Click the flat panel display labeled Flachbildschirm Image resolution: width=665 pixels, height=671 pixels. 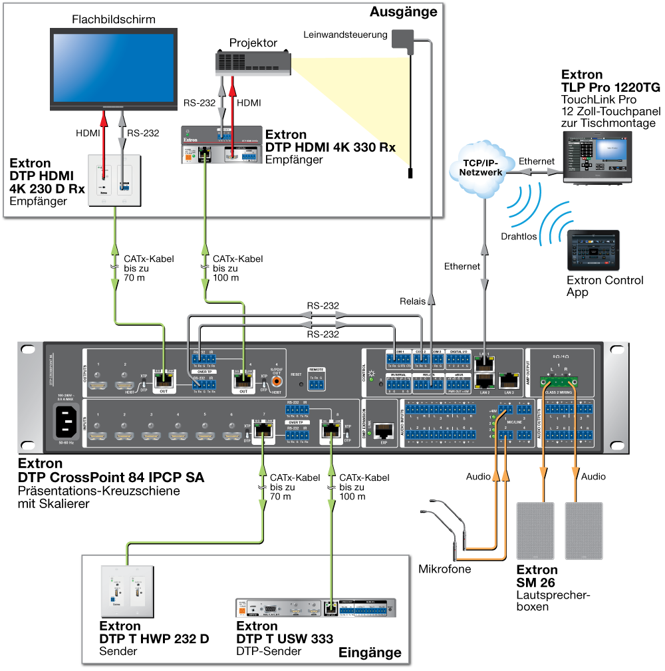point(114,67)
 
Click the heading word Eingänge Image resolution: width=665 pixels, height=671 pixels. point(370,652)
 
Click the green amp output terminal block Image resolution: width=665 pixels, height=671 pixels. point(558,382)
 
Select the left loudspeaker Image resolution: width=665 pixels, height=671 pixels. point(535,530)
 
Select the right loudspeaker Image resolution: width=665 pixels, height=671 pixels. point(583,530)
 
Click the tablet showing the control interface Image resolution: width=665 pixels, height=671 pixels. point(593,249)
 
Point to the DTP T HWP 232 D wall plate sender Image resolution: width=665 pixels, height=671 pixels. point(127,591)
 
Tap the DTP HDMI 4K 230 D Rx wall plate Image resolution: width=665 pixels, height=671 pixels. point(115,180)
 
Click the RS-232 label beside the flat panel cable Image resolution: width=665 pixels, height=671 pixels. point(143,133)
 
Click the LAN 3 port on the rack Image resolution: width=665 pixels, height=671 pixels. point(509,380)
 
